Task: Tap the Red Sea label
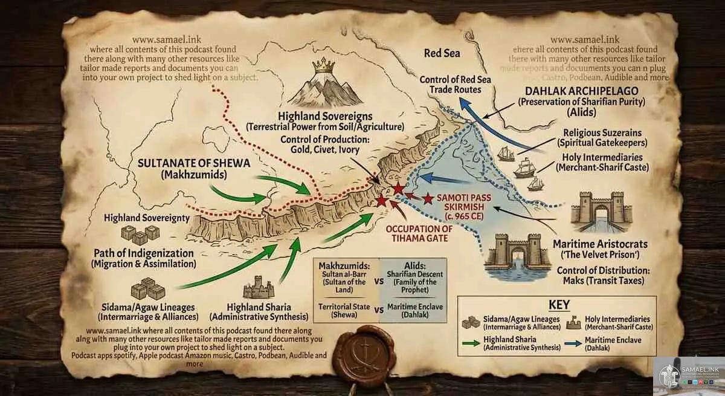click(442, 53)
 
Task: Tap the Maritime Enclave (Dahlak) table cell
click(416, 310)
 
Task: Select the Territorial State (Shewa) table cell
click(344, 310)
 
